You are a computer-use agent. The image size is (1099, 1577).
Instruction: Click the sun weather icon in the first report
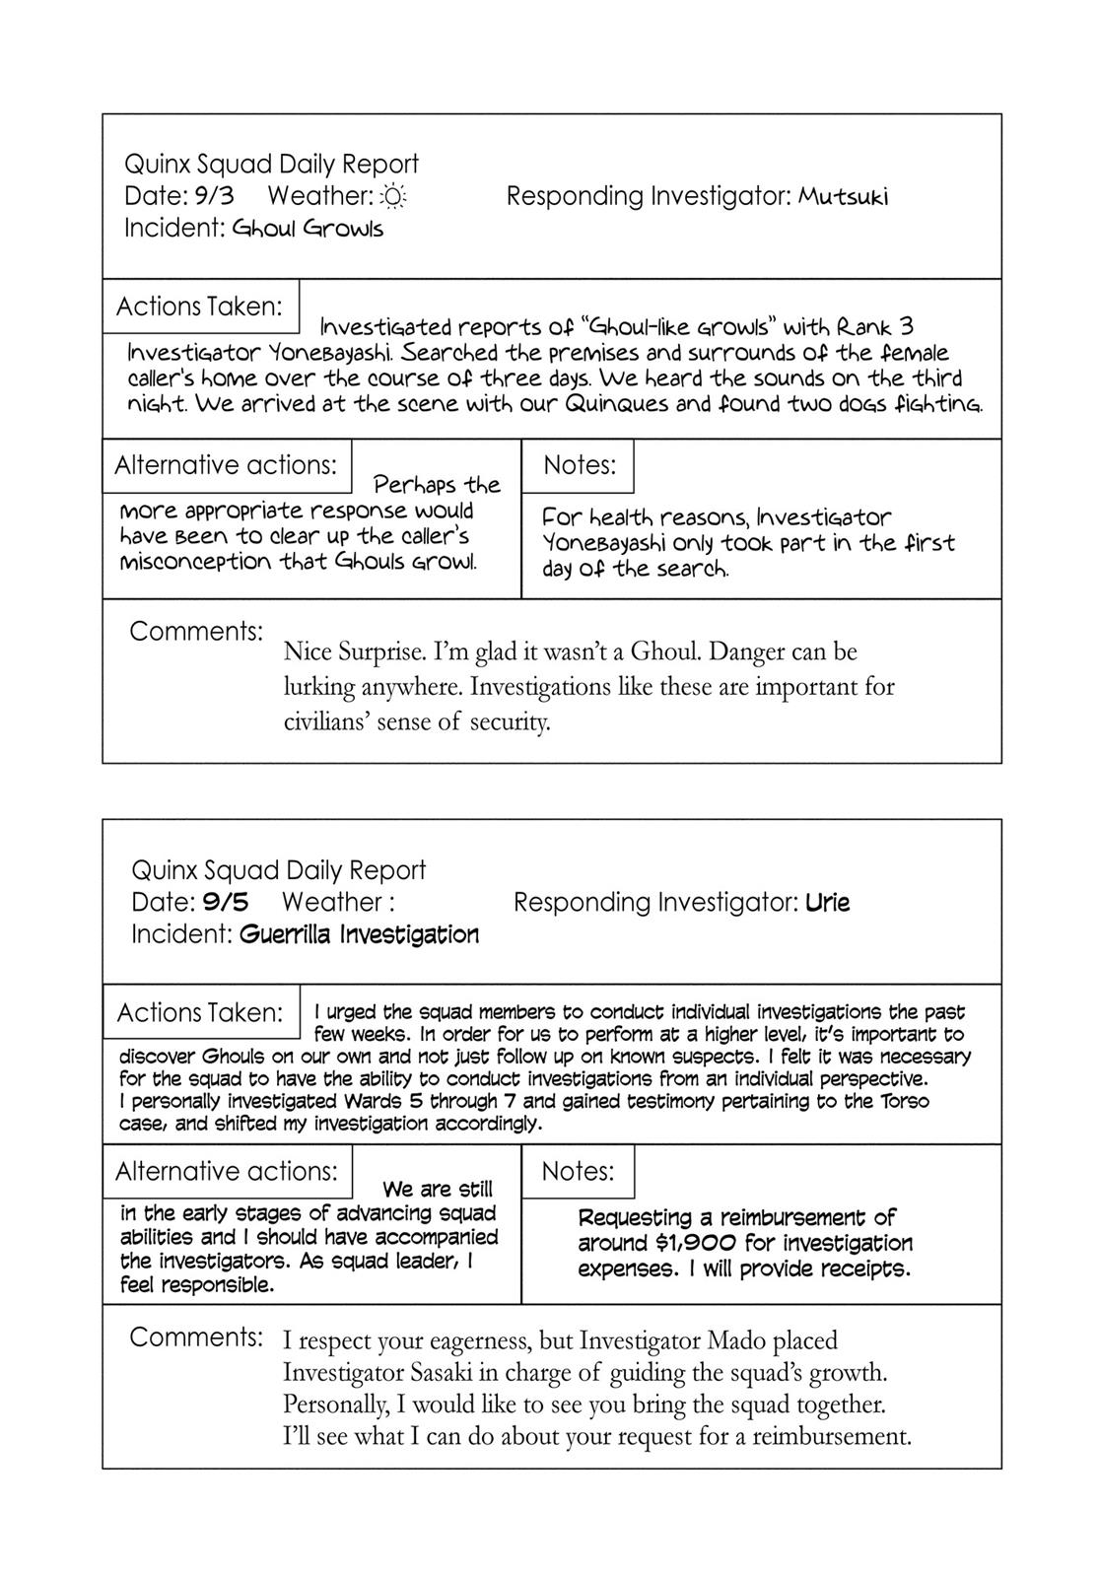pos(393,197)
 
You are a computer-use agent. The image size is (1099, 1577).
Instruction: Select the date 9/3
pos(214,196)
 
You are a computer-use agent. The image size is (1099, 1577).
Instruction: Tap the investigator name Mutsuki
pos(843,197)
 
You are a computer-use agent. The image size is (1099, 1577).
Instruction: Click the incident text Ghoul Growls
pos(308,229)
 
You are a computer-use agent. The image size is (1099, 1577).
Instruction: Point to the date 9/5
pos(226,902)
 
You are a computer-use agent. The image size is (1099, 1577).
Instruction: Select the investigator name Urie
pos(827,902)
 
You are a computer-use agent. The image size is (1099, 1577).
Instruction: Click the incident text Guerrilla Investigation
pos(359,934)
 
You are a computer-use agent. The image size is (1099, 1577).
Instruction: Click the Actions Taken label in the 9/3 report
pos(200,307)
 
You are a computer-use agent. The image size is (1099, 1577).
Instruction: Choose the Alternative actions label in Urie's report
pos(227,1171)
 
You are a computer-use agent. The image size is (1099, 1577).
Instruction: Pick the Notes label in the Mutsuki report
pos(580,465)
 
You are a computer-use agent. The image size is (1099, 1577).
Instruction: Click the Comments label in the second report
pos(196,1337)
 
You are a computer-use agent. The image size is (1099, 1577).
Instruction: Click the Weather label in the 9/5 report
pos(331,902)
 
